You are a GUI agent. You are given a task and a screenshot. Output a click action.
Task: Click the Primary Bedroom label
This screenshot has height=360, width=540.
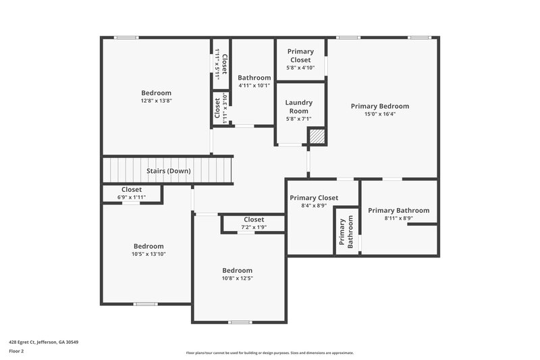379,106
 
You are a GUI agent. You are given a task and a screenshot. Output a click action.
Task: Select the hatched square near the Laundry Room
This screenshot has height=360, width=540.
317,136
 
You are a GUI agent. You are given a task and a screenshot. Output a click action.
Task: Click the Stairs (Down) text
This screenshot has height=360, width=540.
168,171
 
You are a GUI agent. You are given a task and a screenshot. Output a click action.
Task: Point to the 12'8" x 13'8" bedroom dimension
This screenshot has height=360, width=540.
156,101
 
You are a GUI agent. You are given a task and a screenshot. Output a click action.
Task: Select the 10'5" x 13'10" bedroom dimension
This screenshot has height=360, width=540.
148,255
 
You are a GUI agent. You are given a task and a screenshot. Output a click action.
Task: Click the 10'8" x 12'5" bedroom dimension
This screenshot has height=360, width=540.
238,278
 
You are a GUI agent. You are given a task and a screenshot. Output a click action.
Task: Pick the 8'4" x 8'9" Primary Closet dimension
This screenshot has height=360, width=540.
314,206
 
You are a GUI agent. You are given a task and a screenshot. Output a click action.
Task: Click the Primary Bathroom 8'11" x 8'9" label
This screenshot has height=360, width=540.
398,211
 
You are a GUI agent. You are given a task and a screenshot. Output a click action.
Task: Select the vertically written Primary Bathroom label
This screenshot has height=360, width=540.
346,233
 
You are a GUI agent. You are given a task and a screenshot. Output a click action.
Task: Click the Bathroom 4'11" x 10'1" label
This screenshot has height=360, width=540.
254,78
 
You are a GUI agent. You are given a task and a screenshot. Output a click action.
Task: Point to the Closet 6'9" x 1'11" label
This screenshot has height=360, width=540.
132,190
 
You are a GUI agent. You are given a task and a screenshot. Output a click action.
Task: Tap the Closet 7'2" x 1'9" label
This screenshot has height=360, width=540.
254,220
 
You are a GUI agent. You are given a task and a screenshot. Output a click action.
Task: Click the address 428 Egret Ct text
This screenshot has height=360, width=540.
43,342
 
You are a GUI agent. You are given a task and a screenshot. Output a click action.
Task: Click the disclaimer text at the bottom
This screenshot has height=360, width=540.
269,353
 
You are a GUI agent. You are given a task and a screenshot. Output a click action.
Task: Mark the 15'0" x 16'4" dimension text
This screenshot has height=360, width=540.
379,114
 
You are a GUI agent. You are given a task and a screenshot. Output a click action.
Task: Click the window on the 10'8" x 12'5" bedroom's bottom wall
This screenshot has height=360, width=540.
240,322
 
